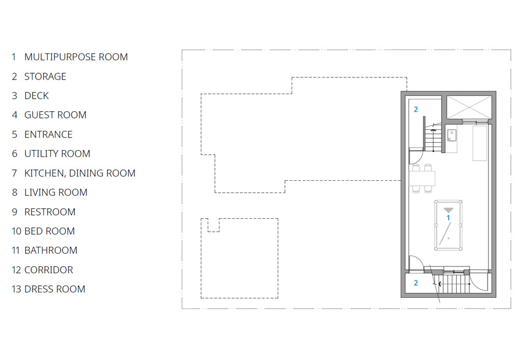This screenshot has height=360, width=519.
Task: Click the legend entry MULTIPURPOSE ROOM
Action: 76,57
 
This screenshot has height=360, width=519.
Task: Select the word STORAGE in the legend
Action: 45,76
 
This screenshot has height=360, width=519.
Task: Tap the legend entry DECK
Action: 36,96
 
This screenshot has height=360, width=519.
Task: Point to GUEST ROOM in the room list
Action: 56,115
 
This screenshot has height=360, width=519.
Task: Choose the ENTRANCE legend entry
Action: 48,135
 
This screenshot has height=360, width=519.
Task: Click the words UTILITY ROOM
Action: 57,154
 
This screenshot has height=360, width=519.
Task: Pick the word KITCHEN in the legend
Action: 44,173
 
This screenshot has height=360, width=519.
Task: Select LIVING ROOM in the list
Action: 56,192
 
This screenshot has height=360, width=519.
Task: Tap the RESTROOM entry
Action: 50,212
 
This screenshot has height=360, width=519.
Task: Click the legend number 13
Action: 16,289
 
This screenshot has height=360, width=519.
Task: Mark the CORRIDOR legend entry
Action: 49,270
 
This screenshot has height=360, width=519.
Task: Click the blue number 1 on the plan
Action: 448,218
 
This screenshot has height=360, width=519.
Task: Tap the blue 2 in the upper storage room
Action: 416,109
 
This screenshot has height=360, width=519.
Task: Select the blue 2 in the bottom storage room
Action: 416,283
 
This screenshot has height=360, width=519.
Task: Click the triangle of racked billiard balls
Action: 448,210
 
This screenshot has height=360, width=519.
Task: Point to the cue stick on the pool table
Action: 445,233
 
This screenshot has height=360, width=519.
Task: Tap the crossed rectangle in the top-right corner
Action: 469,108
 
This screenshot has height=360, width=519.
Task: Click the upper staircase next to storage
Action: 433,138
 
